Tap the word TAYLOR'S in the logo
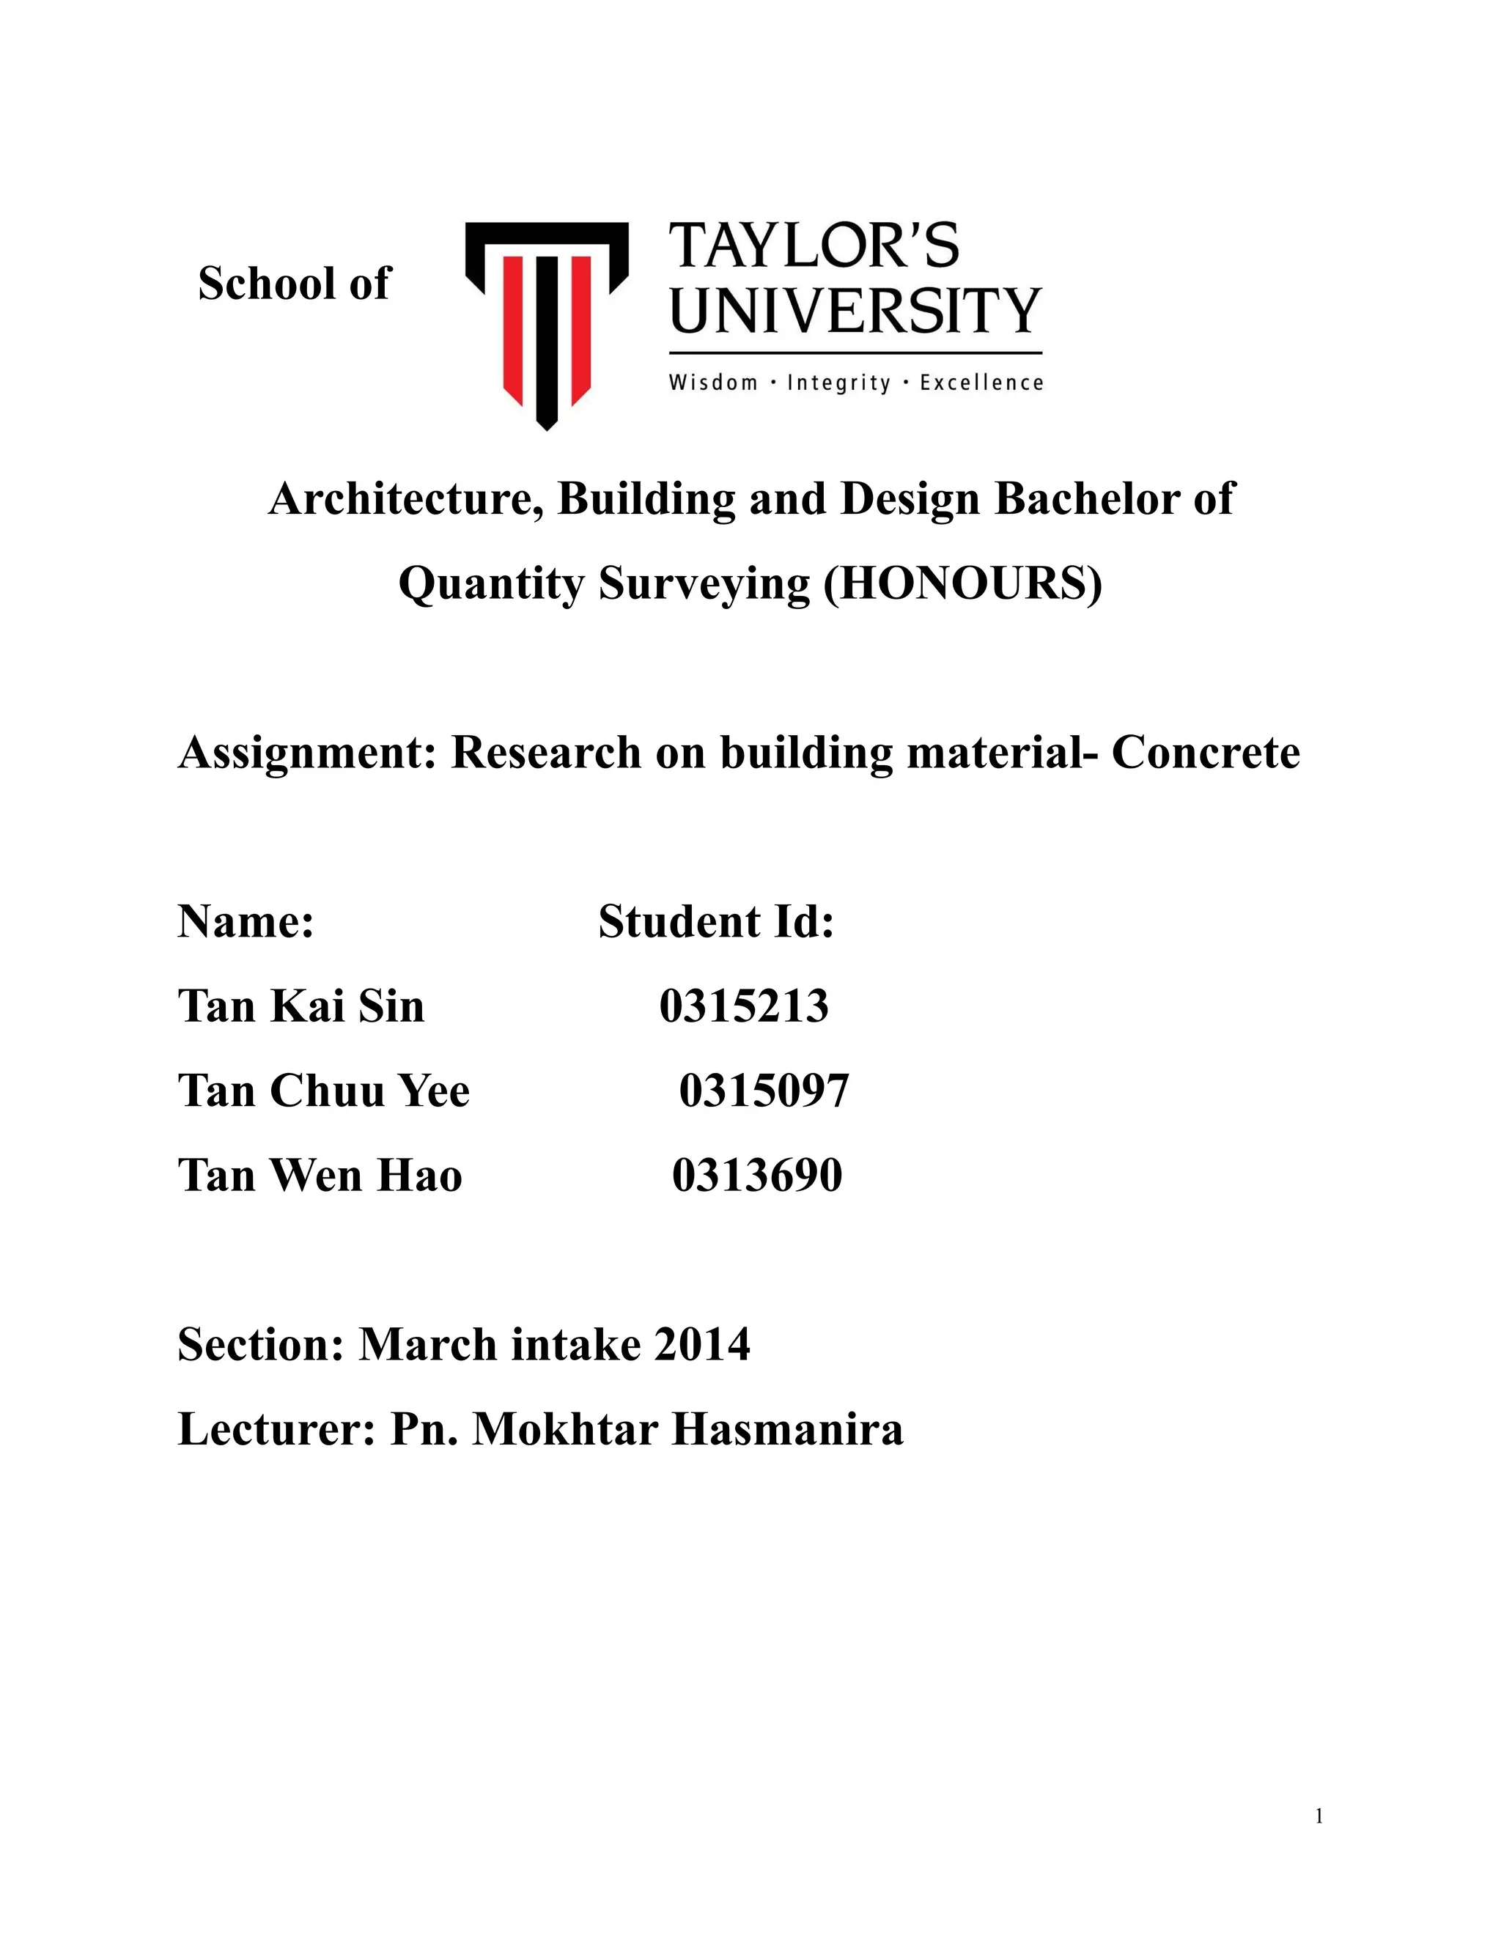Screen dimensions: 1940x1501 click(814, 246)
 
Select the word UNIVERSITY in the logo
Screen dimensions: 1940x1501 click(855, 311)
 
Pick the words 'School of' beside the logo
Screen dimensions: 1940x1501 click(294, 284)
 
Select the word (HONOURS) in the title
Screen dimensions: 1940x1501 click(963, 583)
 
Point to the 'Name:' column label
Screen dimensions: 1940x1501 click(246, 921)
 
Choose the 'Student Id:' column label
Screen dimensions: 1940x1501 click(716, 921)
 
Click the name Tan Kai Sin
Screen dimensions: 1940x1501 click(301, 1006)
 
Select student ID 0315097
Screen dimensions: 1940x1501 click(764, 1091)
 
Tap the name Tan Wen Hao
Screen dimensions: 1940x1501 click(320, 1175)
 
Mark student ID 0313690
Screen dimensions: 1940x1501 click(756, 1175)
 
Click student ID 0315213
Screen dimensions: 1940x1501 click(743, 1006)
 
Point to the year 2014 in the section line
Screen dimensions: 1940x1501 click(701, 1344)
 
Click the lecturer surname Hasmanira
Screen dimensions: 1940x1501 click(787, 1429)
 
